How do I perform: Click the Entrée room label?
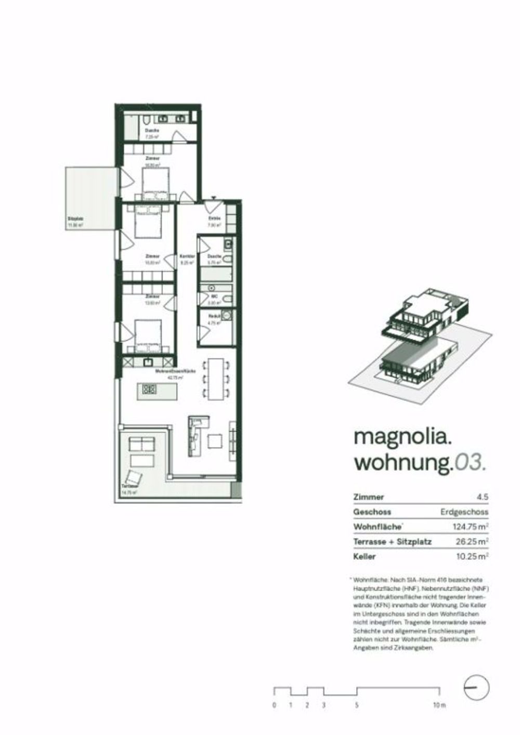pyautogui.click(x=215, y=218)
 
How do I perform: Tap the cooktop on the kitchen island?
pyautogui.click(x=150, y=388)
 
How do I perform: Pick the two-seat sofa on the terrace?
pyautogui.click(x=141, y=444)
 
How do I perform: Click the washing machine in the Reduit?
pyautogui.click(x=227, y=315)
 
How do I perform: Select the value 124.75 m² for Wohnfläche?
pyautogui.click(x=470, y=527)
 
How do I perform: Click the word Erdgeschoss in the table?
pyautogui.click(x=464, y=512)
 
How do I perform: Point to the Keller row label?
pyautogui.click(x=365, y=557)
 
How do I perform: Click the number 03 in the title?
pyautogui.click(x=471, y=462)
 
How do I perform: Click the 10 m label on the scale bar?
pyautogui.click(x=439, y=705)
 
